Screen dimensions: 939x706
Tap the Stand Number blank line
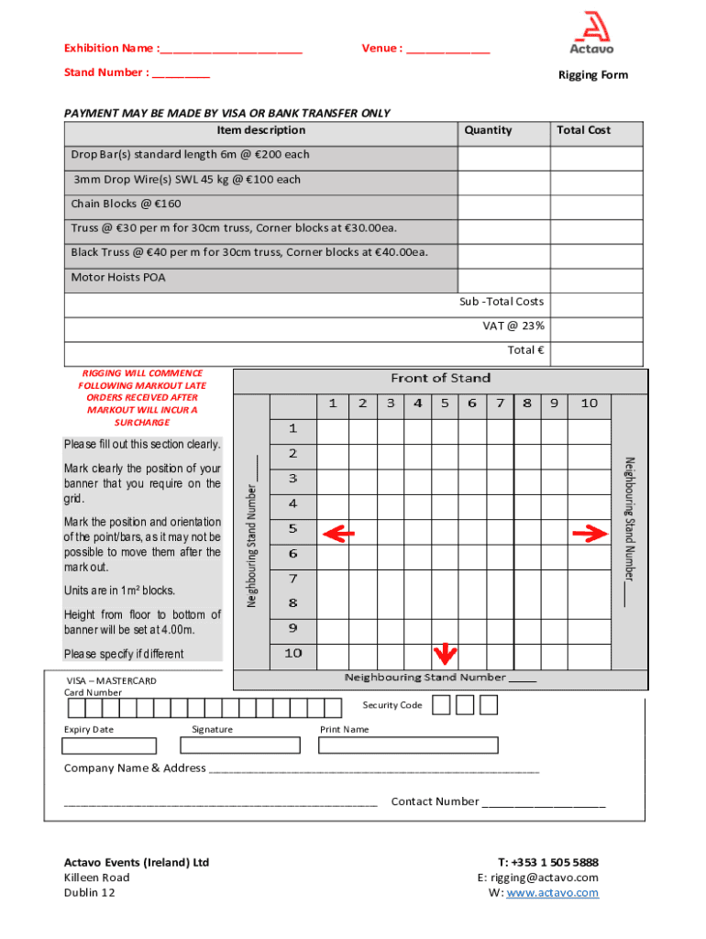click(181, 73)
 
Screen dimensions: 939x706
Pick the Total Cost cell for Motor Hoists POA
click(597, 278)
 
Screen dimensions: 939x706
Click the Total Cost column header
click(583, 130)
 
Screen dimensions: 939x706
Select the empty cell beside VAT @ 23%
click(597, 326)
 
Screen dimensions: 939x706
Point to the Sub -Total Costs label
click(502, 302)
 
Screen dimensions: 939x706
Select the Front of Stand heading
click(440, 378)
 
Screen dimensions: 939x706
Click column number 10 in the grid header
click(589, 403)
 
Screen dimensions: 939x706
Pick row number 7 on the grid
click(293, 579)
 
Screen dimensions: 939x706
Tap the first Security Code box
click(441, 704)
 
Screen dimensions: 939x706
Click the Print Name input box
click(382, 745)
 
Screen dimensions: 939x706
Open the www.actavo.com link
click(552, 892)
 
